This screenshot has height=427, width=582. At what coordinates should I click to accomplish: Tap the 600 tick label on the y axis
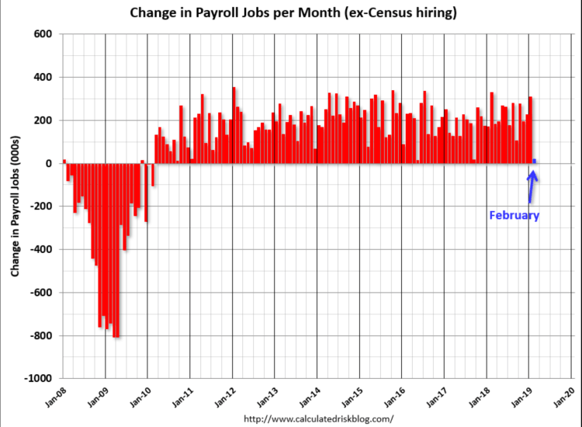[42, 34]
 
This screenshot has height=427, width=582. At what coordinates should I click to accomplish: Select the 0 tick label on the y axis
[47, 164]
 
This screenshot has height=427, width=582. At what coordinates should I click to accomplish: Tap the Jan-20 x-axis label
[564, 396]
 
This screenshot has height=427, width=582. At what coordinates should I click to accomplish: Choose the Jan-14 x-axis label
[309, 396]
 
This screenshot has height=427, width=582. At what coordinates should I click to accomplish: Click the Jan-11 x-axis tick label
[182, 396]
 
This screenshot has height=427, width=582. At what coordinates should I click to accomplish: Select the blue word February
[513, 216]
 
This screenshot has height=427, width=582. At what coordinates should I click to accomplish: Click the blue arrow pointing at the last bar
[532, 186]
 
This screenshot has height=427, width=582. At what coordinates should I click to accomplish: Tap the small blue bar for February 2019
[534, 161]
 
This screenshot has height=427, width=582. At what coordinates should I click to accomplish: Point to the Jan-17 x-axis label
[436, 396]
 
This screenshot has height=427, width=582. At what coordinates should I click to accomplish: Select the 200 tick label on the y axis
[42, 120]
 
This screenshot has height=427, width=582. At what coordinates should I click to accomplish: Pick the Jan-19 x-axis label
[521, 396]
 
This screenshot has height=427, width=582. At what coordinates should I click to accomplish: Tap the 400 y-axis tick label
[42, 78]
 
